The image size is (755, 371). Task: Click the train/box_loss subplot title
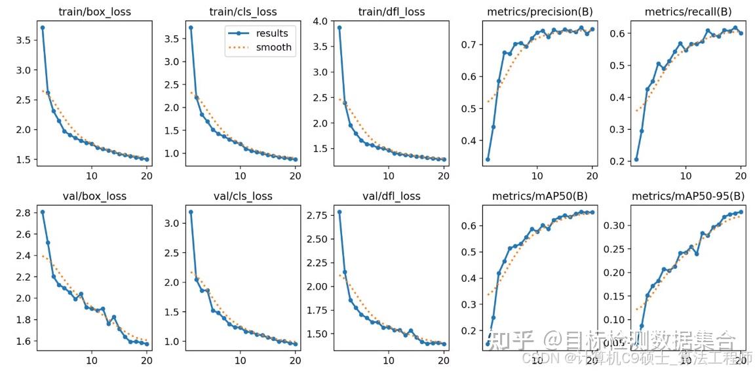tap(95, 11)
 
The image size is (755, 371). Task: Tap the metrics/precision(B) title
tap(540, 11)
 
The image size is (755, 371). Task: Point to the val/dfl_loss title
tap(392, 196)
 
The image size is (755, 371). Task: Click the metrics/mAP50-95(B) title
tap(689, 196)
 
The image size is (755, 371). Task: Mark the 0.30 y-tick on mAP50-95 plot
tap(617, 225)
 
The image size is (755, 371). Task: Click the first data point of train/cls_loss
tap(191, 28)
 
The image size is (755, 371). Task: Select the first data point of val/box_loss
tap(43, 212)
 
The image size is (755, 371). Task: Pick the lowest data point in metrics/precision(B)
tap(488, 159)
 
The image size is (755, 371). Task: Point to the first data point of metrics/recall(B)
tap(636, 159)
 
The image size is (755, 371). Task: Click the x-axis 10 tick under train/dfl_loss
tap(389, 175)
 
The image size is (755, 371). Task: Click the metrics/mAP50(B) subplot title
tap(540, 196)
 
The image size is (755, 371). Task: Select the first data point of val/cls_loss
tap(191, 212)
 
